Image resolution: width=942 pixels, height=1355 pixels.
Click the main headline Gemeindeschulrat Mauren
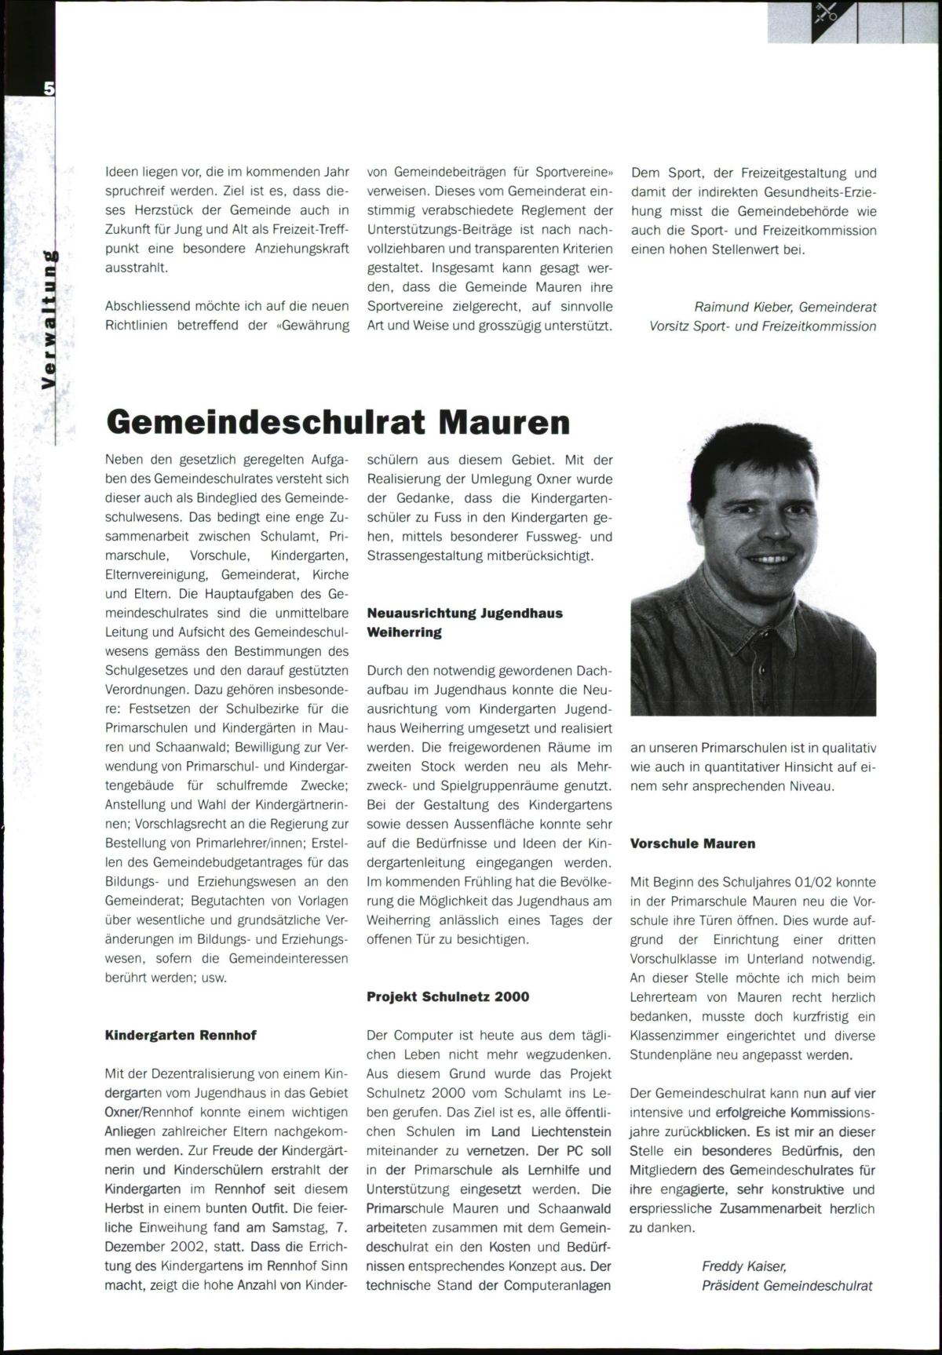click(338, 422)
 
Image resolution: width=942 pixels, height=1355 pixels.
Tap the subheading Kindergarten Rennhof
click(181, 1035)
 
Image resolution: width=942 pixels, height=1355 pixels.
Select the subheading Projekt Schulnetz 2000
click(448, 996)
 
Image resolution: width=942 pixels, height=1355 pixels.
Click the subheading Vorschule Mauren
click(692, 843)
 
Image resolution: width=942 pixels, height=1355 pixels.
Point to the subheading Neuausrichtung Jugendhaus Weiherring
click(465, 622)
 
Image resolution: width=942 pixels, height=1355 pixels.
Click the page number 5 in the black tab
click(49, 89)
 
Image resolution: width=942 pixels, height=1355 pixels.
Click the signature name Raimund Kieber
click(743, 307)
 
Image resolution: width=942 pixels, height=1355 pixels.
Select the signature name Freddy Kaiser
click(743, 1266)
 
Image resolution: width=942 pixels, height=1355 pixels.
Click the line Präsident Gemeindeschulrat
click(787, 1285)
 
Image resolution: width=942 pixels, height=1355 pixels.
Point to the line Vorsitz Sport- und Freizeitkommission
click(762, 326)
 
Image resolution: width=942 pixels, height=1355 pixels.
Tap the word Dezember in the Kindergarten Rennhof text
click(136, 1246)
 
